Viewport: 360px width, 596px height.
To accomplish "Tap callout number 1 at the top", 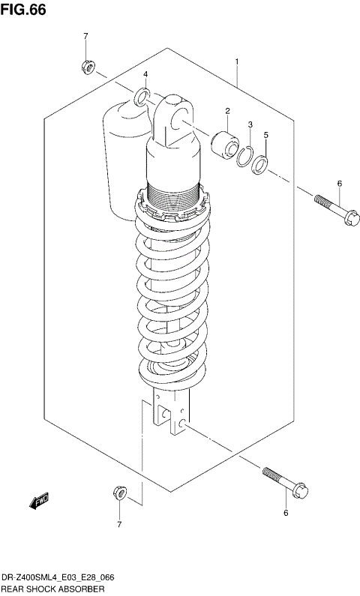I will pos(236,61).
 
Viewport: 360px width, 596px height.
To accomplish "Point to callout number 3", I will pos(250,124).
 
